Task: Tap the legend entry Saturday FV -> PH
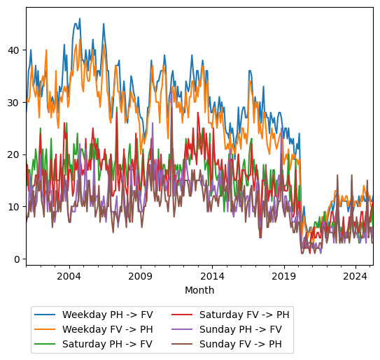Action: (x=244, y=314)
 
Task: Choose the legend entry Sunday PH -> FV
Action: (x=240, y=329)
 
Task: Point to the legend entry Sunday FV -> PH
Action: (x=240, y=344)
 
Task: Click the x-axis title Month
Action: (x=199, y=290)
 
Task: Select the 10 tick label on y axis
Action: (x=14, y=207)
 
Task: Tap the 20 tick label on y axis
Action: (x=14, y=154)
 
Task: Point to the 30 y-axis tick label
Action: (x=14, y=103)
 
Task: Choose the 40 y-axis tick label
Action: (x=14, y=50)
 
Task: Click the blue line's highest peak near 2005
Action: (x=79, y=19)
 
